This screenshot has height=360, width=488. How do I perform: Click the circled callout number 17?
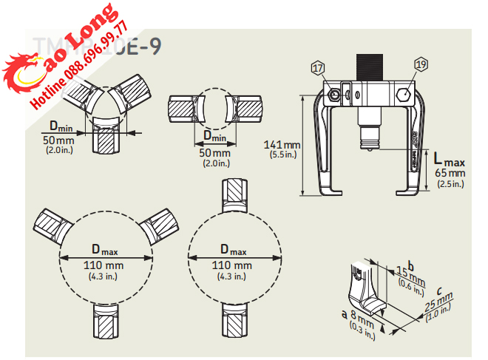[319, 69]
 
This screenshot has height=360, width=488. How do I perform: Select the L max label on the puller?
[449, 159]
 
